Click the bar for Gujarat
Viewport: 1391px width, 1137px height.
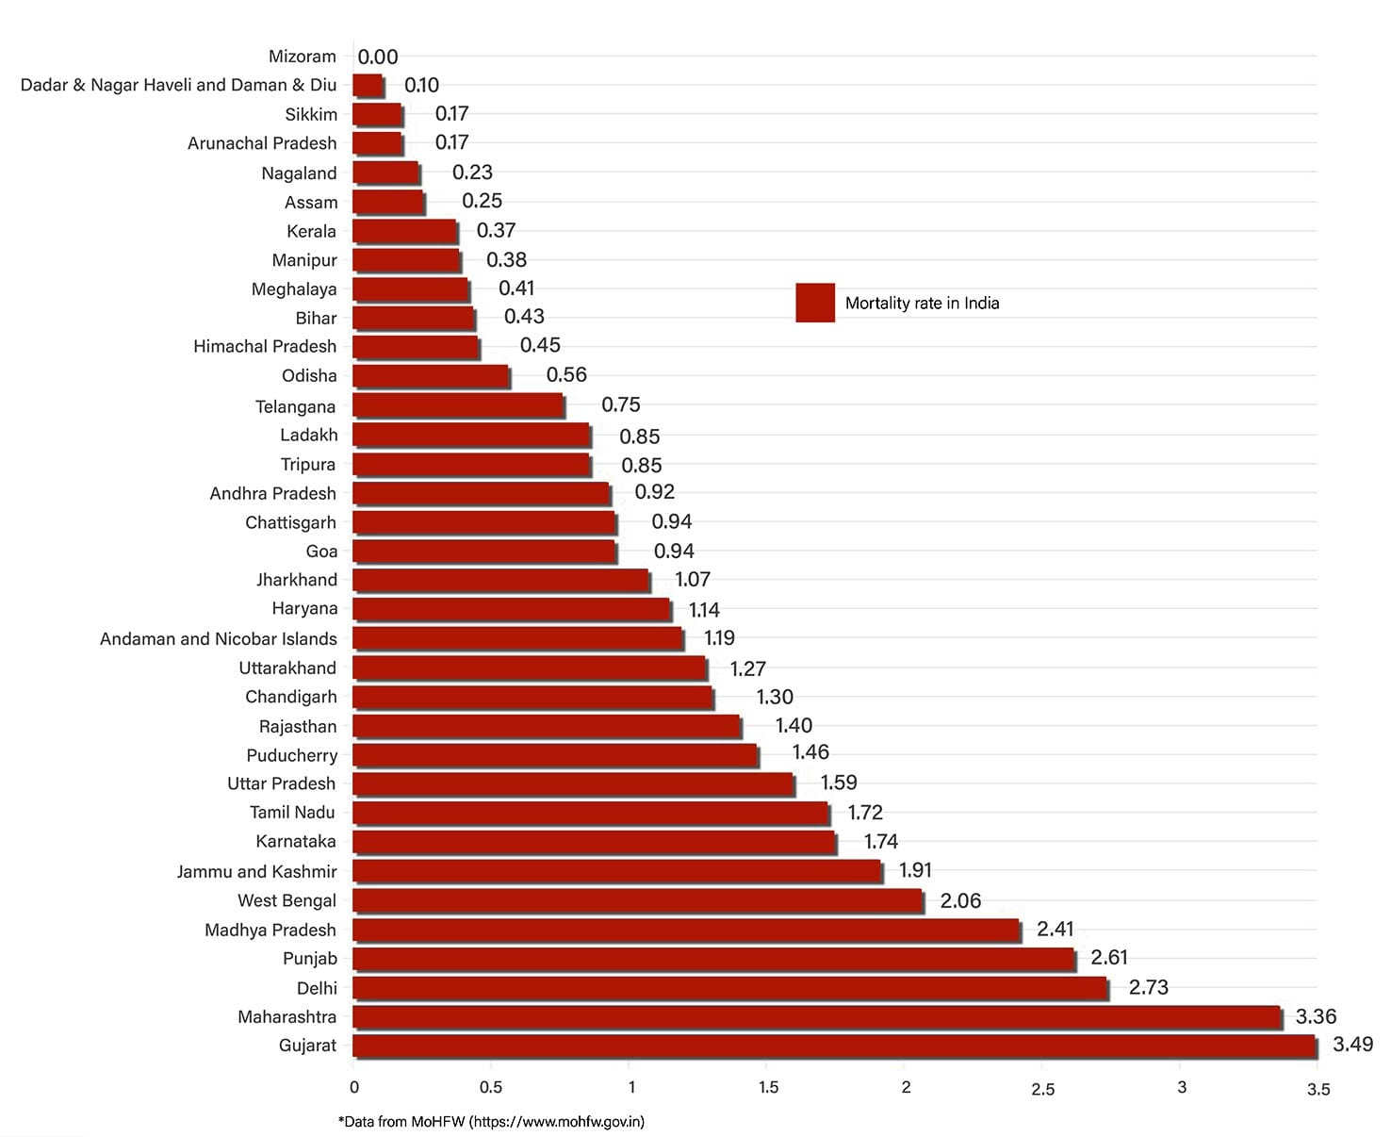[x=834, y=1046]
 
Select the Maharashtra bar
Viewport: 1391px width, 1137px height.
[x=817, y=1017]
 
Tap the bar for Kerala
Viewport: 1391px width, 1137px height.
[x=405, y=231]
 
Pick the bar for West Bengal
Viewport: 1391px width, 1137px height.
[x=637, y=900]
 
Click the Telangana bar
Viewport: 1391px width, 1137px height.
[x=458, y=405]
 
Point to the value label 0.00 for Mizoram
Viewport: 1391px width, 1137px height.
[x=378, y=57]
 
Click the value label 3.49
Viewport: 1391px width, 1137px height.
[x=1352, y=1045]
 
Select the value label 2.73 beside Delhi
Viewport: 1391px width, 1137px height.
[x=1148, y=987]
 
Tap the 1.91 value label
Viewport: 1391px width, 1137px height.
[x=915, y=870]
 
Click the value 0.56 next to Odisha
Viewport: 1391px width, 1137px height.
[x=566, y=375]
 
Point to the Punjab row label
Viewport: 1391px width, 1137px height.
[x=310, y=959]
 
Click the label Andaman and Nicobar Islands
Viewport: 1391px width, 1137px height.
[x=219, y=638]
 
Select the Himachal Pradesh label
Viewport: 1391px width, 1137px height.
[x=265, y=346]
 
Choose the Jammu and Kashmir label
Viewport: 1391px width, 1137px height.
[x=256, y=871]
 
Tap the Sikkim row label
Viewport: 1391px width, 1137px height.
[x=311, y=114]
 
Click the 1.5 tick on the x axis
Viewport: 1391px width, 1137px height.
[x=768, y=1087]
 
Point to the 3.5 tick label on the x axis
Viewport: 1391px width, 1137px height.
[x=1317, y=1089]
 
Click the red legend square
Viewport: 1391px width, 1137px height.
[x=815, y=303]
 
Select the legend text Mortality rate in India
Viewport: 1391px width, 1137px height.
[x=922, y=303]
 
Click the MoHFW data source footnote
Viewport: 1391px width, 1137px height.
[x=491, y=1122]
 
